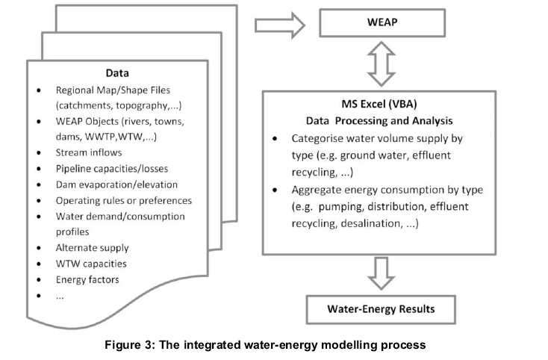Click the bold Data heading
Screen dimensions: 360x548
click(117, 74)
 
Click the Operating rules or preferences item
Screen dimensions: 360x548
click(123, 201)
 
